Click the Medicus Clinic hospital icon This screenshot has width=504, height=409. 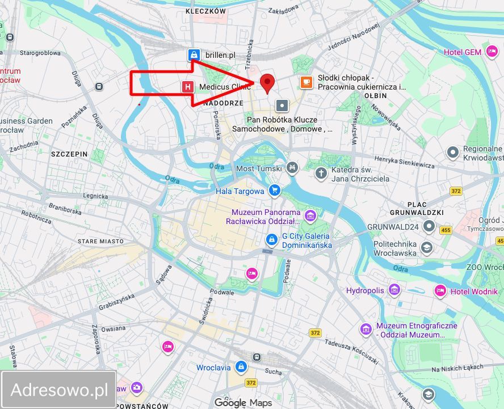187,87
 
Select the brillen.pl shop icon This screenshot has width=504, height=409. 194,55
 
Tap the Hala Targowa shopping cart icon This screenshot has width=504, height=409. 275,191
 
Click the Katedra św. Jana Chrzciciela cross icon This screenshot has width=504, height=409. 321,172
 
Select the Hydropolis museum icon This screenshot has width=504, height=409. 394,290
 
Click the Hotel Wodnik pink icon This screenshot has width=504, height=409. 440,291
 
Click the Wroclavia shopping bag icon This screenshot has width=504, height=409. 241,367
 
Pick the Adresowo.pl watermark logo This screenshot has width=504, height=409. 59,390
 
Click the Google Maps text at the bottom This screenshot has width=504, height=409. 243,403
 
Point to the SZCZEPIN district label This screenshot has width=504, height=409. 69,154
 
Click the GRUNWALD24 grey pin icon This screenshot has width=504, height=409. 429,226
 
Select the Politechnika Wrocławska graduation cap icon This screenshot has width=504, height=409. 426,248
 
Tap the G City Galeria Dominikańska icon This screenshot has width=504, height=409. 272,240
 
